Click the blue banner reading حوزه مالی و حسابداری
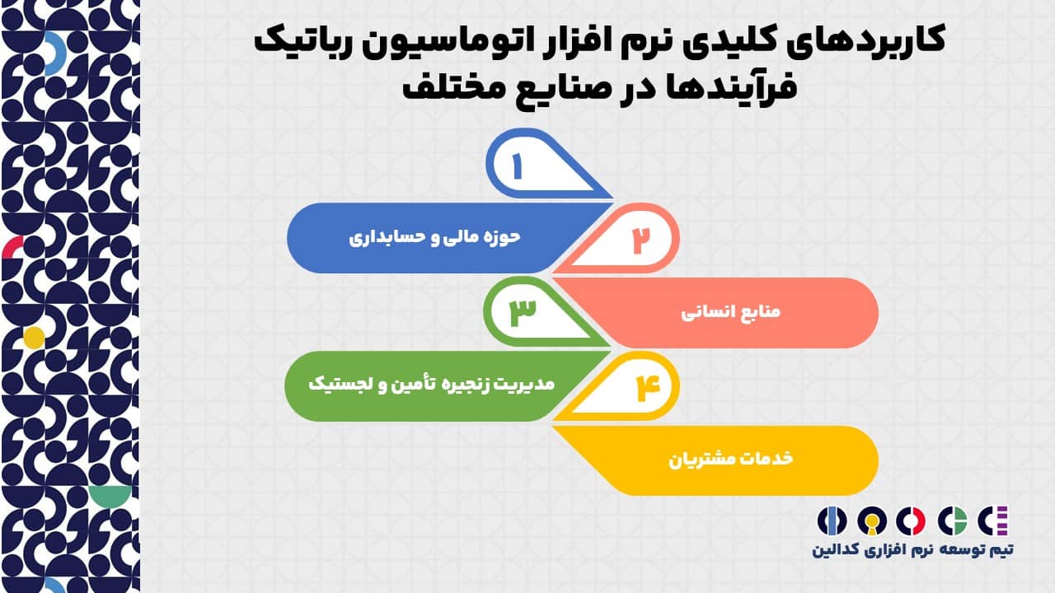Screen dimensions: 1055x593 coord(434,237)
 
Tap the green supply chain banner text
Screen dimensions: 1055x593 coord(431,384)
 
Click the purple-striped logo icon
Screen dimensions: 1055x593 coord(992,521)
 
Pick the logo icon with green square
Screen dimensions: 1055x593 coord(952,521)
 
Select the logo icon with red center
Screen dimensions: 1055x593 coord(911,521)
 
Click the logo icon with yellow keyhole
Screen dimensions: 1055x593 coord(872,521)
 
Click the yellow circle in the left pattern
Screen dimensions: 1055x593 coord(34,338)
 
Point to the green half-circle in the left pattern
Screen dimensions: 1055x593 coord(110,495)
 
